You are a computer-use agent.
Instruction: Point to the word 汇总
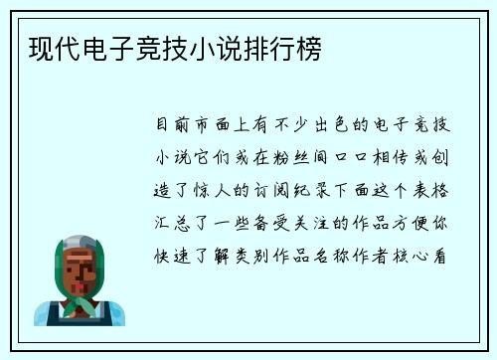tap(169, 222)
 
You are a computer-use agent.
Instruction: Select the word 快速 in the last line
tap(169, 254)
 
